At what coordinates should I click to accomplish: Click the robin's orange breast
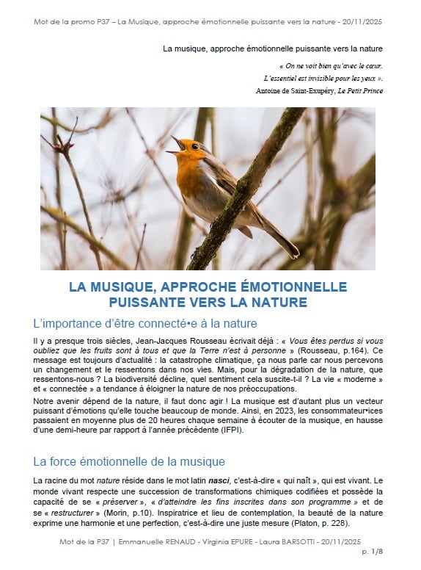point(193,176)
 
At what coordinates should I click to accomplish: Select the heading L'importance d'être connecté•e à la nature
point(144,323)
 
